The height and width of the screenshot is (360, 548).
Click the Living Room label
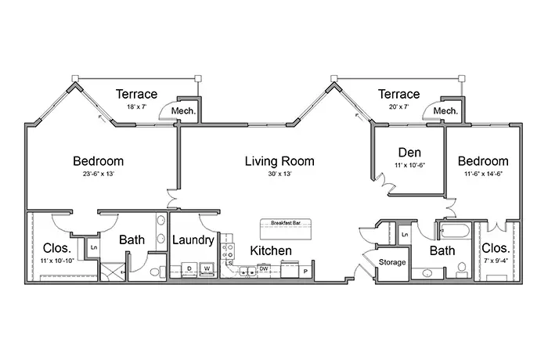pyautogui.click(x=279, y=161)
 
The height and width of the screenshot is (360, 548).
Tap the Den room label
pyautogui.click(x=409, y=153)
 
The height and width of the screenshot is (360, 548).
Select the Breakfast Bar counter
pyautogui.click(x=286, y=229)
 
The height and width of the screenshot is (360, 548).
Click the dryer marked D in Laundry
pyautogui.click(x=189, y=269)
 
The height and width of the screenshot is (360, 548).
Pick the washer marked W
pyautogui.click(x=207, y=269)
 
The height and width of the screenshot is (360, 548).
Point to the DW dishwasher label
pyautogui.click(x=264, y=268)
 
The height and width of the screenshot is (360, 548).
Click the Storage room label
pyautogui.click(x=392, y=262)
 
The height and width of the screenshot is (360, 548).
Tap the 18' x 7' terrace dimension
pyautogui.click(x=136, y=106)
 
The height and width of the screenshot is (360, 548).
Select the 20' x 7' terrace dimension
pyautogui.click(x=398, y=106)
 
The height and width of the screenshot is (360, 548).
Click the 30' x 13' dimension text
pyautogui.click(x=279, y=174)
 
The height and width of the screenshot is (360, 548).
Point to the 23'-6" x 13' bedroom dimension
pyautogui.click(x=98, y=174)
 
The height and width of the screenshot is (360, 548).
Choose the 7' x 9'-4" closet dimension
pyautogui.click(x=496, y=261)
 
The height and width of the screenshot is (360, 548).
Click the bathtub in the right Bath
pyautogui.click(x=455, y=231)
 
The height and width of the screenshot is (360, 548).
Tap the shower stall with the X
pyautogui.click(x=113, y=272)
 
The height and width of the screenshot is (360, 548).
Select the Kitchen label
pyautogui.click(x=271, y=250)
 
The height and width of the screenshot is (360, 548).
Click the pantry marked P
pyautogui.click(x=305, y=270)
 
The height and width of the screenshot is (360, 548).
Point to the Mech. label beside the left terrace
pyautogui.click(x=183, y=111)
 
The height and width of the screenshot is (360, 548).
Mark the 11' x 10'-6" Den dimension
pyautogui.click(x=409, y=165)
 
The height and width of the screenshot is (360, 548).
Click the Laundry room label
pyautogui.click(x=193, y=240)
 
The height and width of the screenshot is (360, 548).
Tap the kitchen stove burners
pyautogui.click(x=228, y=251)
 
